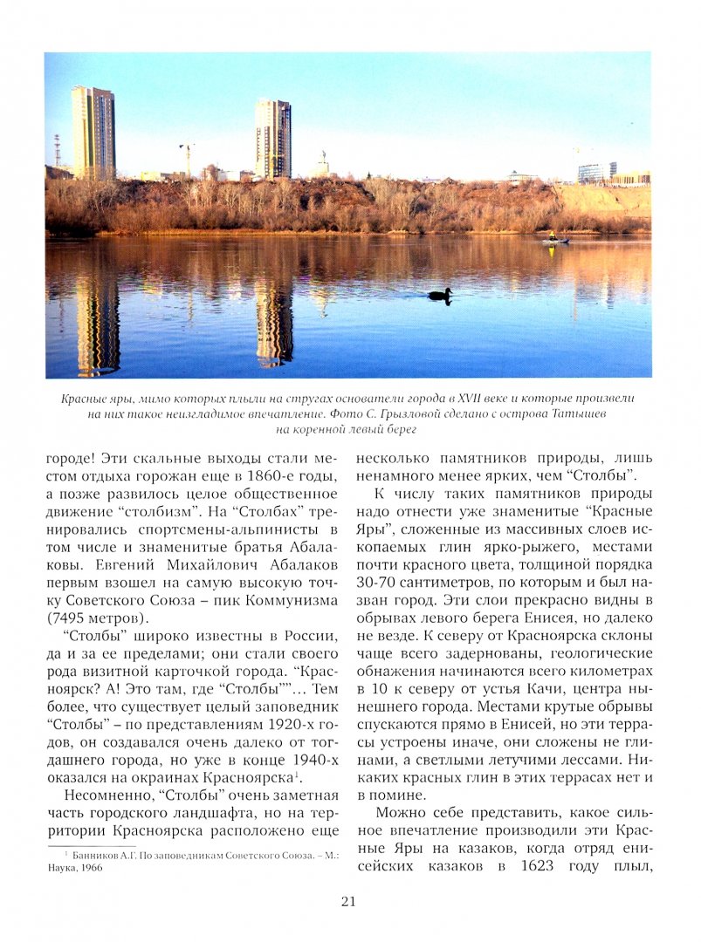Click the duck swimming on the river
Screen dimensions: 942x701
(x=440, y=296)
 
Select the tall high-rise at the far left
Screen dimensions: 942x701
(x=93, y=132)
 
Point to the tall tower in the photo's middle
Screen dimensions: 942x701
(x=272, y=139)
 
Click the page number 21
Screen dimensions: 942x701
(x=348, y=902)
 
